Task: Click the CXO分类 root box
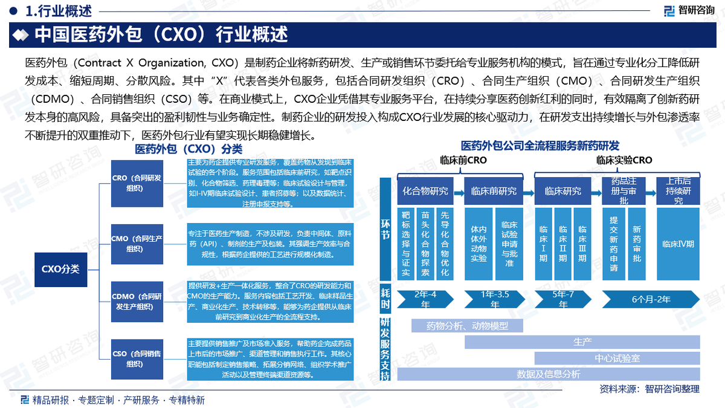coord(60,269)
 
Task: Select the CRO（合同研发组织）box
coord(137,183)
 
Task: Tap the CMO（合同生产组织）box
coord(137,243)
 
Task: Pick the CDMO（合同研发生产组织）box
coord(137,300)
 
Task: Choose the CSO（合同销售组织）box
coord(137,358)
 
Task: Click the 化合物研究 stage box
coord(425,191)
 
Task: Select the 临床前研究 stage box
coord(494,191)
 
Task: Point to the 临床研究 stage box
coord(563,191)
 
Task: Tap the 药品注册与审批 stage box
coord(623,190)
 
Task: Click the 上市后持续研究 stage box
coord(678,190)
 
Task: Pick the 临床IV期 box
coord(678,244)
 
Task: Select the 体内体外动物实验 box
coord(478,244)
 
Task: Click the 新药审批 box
coord(637,244)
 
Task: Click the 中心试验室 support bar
coord(617,358)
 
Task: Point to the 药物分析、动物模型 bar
coord(467,326)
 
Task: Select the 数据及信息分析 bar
coord(548,374)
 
